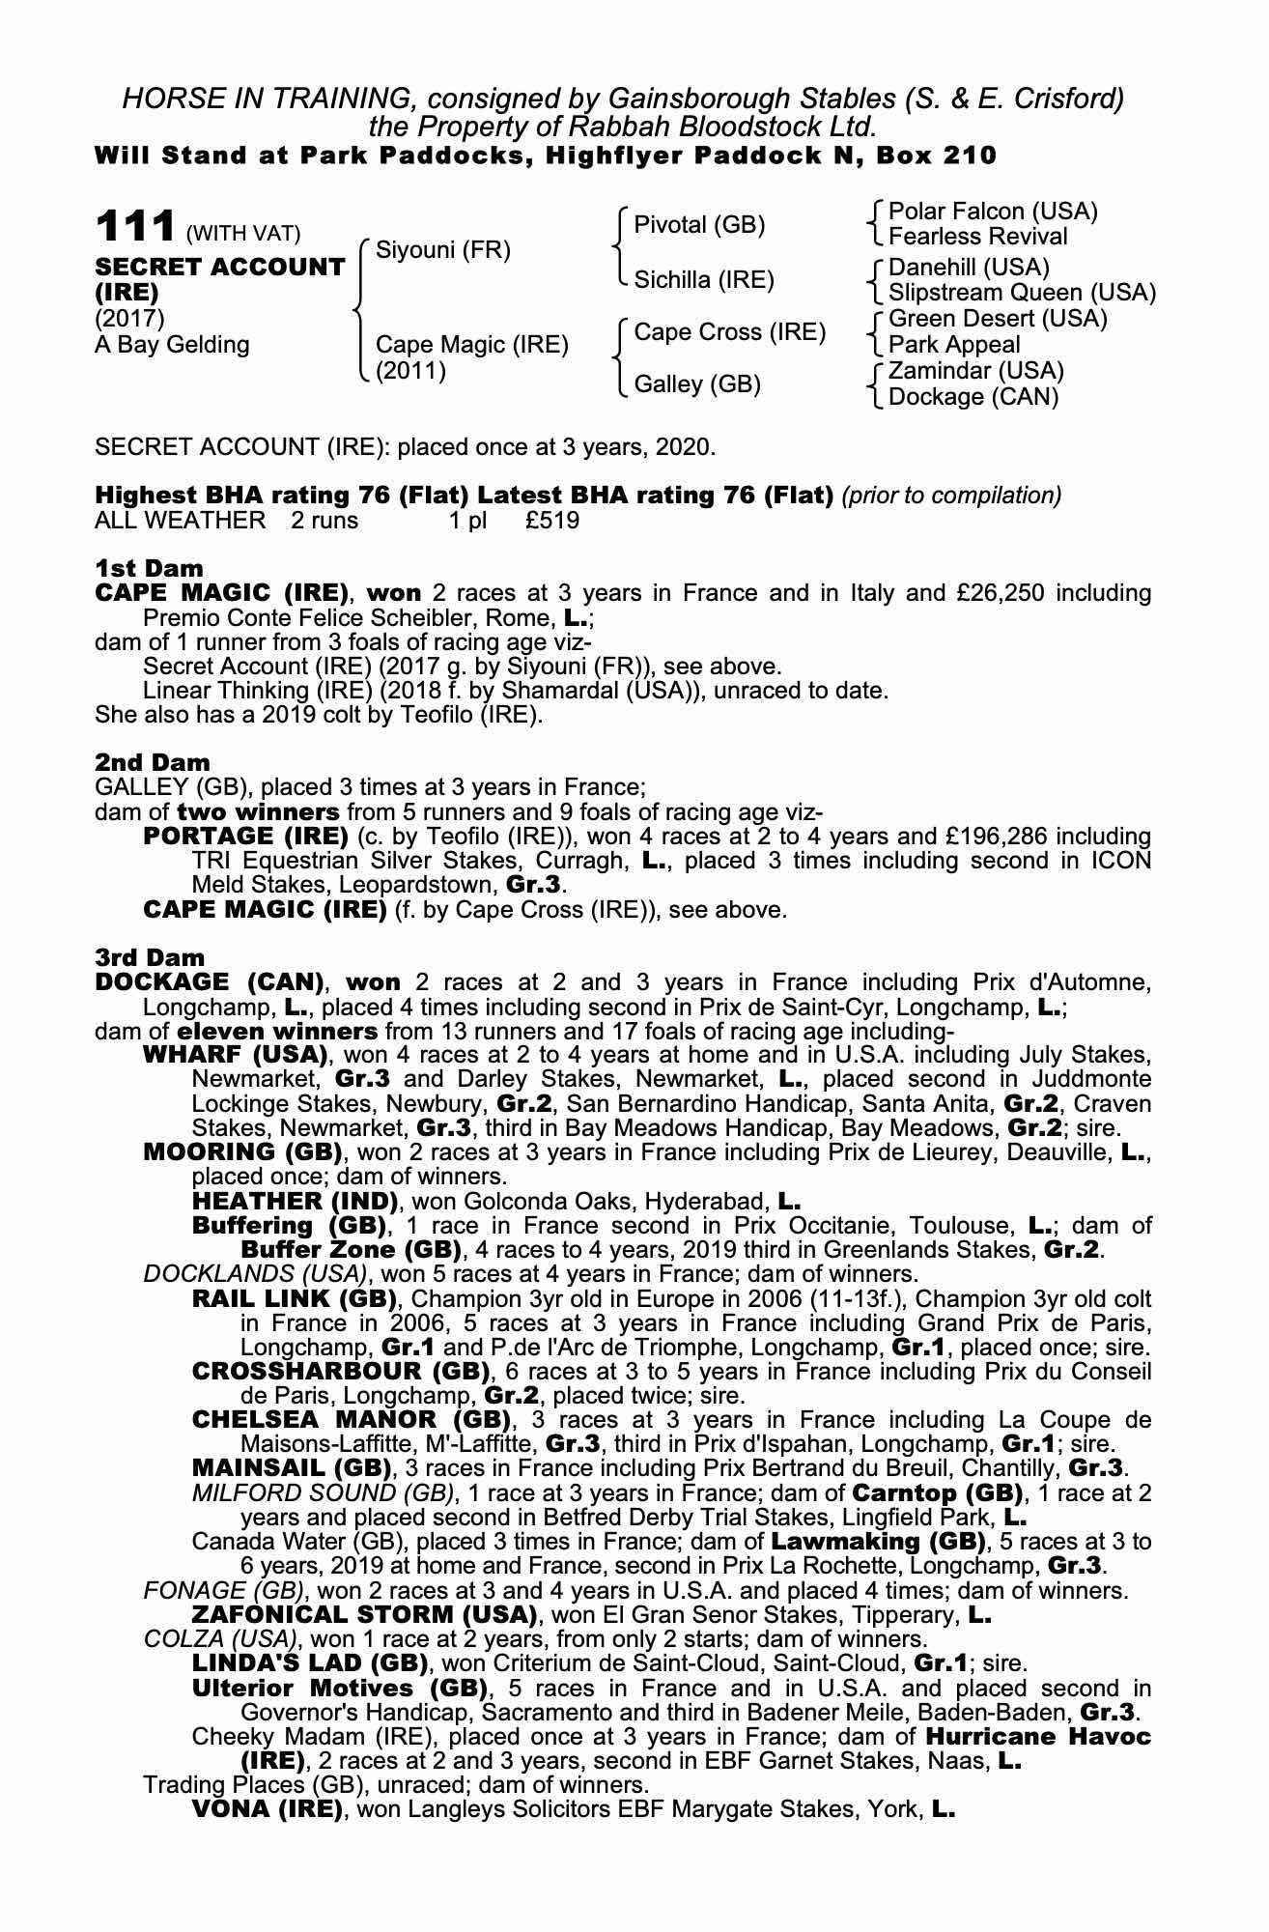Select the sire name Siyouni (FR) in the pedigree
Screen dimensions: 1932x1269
(442, 250)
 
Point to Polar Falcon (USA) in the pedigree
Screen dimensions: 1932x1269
(992, 212)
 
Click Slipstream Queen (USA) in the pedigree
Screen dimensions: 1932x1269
(1021, 292)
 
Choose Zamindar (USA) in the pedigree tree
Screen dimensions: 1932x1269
(975, 371)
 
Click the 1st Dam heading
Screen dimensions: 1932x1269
(149, 567)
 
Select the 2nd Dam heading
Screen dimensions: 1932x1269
(152, 762)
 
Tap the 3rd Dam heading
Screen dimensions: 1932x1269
(150, 957)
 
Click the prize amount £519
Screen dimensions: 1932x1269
(552, 521)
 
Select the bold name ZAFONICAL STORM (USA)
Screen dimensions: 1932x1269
(364, 1614)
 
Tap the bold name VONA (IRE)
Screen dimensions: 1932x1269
(268, 1808)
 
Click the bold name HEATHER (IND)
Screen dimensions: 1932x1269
(295, 1201)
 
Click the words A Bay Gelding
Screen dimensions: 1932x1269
(172, 345)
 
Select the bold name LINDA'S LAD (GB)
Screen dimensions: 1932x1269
(310, 1662)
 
